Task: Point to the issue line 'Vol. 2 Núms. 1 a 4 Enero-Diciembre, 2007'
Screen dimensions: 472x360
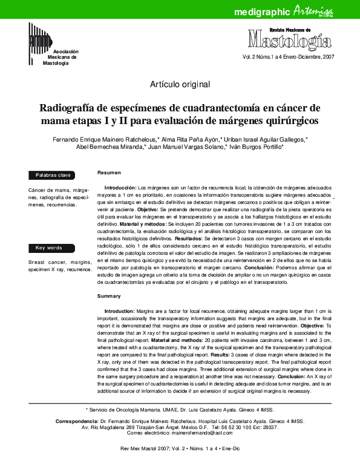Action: [288, 57]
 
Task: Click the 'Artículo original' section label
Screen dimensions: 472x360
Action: [180, 84]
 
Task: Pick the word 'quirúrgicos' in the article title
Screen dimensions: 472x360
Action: [281, 121]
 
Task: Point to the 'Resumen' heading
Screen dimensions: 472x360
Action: [109, 173]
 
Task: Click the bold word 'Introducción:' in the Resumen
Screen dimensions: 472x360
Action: [121, 189]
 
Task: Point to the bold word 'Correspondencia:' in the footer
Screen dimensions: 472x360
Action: [77, 420]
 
